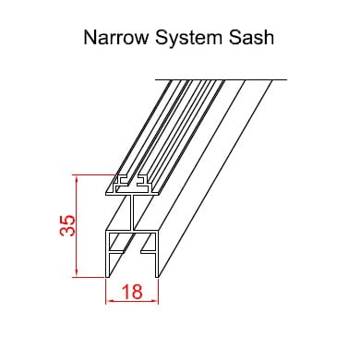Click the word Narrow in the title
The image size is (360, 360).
tap(116, 38)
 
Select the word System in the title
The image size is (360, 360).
tap(188, 38)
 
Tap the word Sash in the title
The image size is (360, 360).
tap(251, 38)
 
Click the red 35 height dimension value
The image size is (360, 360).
tap(67, 225)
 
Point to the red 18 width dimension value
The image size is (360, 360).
tap(133, 292)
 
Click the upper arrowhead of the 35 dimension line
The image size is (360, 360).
tap(77, 179)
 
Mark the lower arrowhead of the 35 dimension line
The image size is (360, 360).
tap(77, 273)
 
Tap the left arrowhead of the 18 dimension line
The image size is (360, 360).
tap(110, 301)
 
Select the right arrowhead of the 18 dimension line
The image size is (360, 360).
tap(155, 301)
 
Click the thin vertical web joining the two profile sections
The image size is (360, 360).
tap(133, 212)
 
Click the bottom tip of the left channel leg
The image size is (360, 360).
tap(107, 277)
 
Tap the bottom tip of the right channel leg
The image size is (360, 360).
tap(157, 277)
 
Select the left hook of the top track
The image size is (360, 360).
tap(121, 182)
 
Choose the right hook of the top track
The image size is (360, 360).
tap(143, 182)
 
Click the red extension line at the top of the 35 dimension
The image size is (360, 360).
tap(95, 175)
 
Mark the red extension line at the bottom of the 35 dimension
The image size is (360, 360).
tap(90, 277)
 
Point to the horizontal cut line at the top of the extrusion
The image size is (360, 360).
tap(221, 79)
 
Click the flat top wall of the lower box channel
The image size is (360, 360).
tap(132, 232)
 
